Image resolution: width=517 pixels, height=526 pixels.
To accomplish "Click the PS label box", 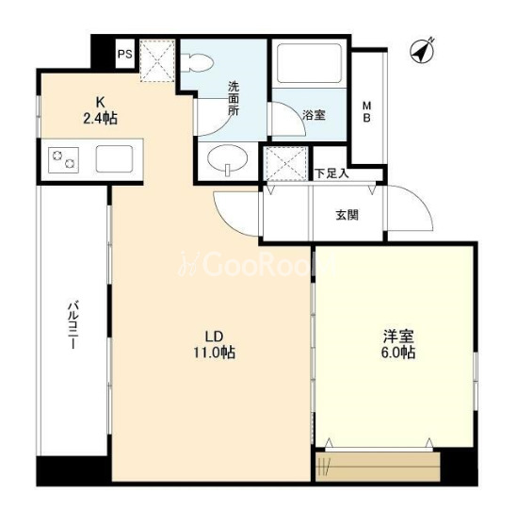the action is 124,54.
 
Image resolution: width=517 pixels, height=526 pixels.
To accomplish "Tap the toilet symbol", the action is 201,63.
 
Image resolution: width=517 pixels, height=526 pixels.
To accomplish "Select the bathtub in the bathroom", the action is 309,63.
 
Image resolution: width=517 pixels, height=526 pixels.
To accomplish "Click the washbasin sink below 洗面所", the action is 228,157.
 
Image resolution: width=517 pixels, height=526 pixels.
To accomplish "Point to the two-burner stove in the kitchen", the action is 63,160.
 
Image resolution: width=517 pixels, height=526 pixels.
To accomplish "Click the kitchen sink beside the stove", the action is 114,159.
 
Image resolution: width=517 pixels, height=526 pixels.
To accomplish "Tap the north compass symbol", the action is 423,51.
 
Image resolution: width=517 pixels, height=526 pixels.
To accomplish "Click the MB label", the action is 366,112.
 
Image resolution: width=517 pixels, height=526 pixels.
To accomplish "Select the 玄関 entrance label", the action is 347,215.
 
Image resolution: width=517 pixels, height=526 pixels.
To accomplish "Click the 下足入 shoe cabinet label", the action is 331,173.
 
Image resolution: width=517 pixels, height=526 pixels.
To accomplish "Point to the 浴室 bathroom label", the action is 314,115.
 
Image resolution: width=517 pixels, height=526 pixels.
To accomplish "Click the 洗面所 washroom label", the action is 234,99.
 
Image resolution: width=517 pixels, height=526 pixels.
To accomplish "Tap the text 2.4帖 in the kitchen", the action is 100,119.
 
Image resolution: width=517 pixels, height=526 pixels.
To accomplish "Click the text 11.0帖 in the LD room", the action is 215,353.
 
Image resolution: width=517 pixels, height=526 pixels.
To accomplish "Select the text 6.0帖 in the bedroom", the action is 398,353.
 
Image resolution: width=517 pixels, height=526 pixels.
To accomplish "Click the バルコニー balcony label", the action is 73,325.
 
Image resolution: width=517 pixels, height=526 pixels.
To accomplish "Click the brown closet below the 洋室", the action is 378,467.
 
